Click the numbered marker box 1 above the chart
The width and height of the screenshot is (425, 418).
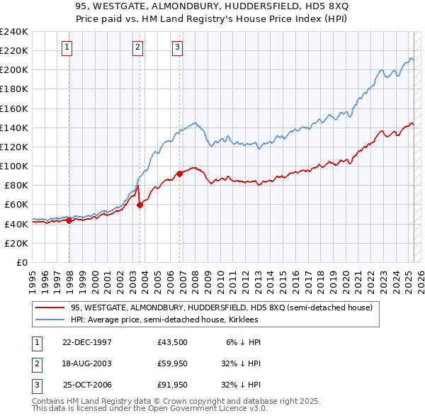point(67,47)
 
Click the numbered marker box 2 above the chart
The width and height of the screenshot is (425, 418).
point(137,47)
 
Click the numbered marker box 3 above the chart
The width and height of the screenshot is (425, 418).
point(177,47)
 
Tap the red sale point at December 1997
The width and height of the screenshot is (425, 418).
point(69,220)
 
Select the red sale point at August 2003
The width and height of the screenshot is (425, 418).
point(140,205)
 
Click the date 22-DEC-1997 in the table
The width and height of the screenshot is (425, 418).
point(87,342)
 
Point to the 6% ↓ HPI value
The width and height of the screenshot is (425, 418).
point(243,342)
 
